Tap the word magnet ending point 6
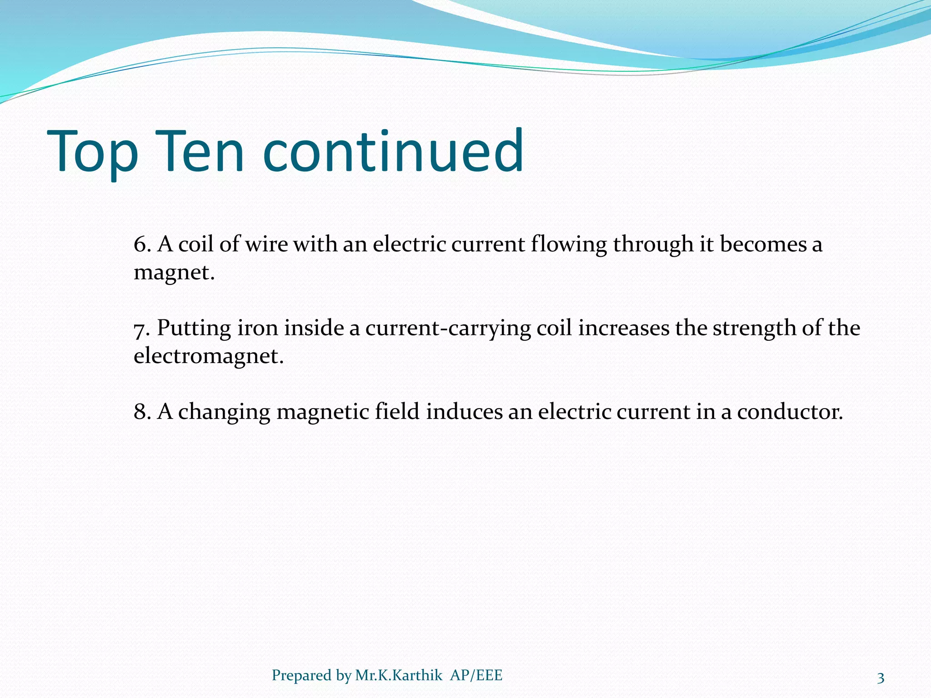pyautogui.click(x=173, y=273)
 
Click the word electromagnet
pyautogui.click(x=208, y=356)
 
